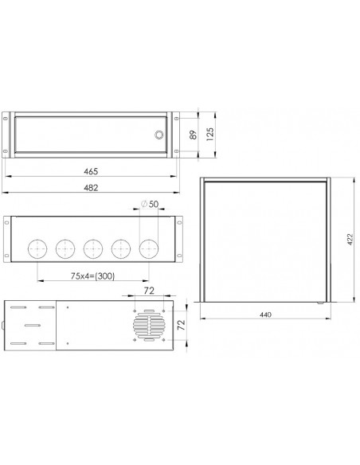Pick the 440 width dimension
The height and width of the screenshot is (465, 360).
tap(265, 315)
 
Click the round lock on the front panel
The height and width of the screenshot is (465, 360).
tap(158, 135)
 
